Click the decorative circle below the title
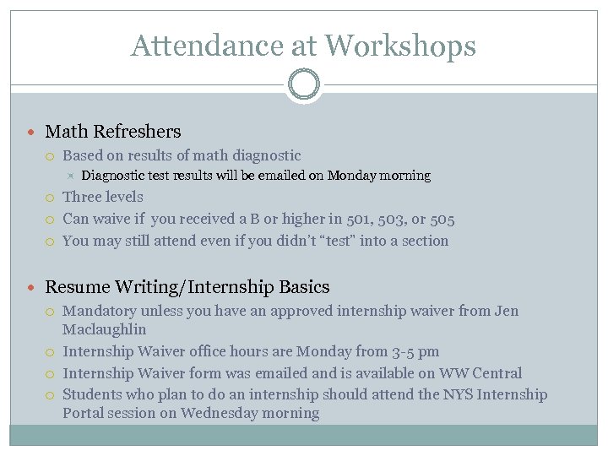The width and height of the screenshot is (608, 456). coord(303,84)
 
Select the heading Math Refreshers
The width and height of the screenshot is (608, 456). coord(112,132)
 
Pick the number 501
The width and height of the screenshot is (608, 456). coord(362,220)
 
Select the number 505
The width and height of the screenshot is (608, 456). coord(442,220)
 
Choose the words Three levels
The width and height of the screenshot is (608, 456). coord(103,197)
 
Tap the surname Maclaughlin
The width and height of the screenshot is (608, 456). coord(104,329)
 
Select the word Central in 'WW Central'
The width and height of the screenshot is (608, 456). coord(496,373)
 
